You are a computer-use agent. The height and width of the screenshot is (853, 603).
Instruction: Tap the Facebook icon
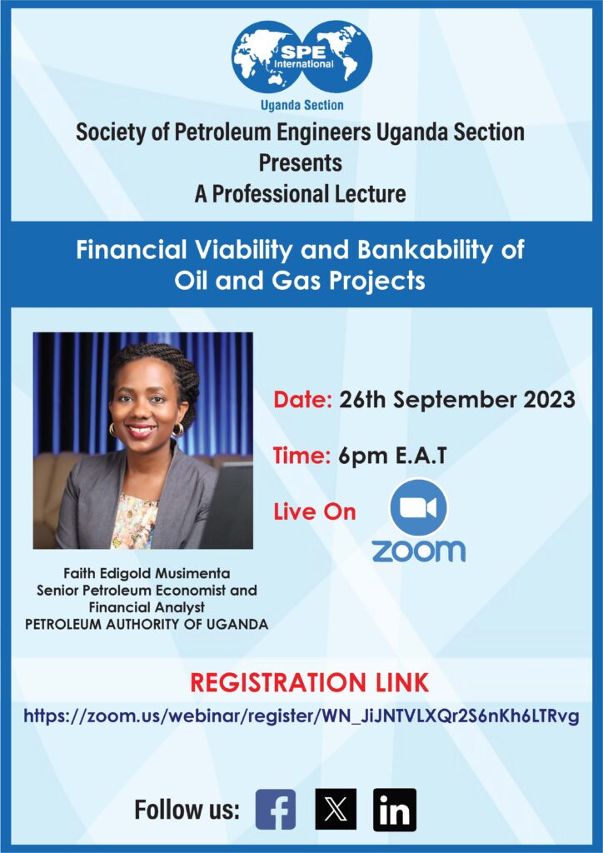coord(276,810)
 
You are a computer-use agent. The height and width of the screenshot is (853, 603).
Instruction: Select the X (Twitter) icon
coord(336,810)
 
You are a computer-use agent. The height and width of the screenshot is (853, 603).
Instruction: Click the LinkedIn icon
coord(395,810)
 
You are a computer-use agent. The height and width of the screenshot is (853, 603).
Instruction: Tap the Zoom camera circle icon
coord(418,507)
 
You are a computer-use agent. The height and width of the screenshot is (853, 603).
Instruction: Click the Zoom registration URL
coord(301,716)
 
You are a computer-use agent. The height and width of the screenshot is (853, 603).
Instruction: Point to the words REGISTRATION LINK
coord(309,683)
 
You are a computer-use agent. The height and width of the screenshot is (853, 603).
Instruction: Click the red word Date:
coord(302,400)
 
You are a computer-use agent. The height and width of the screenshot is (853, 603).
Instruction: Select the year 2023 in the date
coord(549,400)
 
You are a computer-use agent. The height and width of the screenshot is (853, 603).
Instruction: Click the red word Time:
coord(301,456)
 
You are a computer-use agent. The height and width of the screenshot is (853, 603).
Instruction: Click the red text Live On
coord(314,512)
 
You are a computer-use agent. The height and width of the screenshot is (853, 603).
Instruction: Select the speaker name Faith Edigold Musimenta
coord(147,573)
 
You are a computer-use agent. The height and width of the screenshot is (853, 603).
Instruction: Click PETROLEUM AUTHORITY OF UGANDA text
coord(147,624)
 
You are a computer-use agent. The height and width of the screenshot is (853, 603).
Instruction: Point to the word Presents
coord(300,162)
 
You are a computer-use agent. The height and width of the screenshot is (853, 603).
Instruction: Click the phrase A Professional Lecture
coord(300,193)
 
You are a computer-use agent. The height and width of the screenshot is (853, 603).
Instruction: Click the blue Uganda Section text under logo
coord(301,105)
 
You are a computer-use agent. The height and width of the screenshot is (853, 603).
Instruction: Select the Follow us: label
coord(187,810)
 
